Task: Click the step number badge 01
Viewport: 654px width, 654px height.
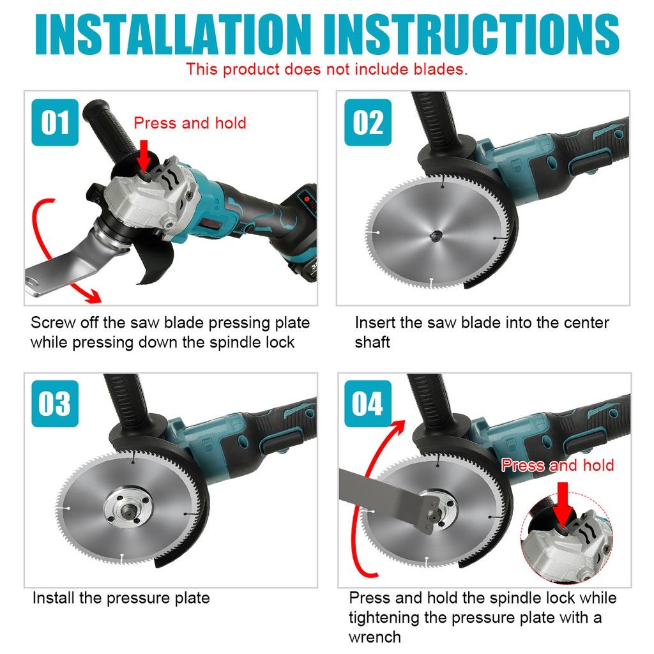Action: click(x=55, y=122)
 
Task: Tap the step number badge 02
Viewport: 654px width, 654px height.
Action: click(x=368, y=122)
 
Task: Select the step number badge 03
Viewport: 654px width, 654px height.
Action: click(x=55, y=404)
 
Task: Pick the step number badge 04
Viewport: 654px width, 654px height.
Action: click(x=368, y=404)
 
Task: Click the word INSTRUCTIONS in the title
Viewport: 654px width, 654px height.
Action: click(x=471, y=34)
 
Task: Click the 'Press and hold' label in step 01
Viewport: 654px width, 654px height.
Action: click(x=190, y=123)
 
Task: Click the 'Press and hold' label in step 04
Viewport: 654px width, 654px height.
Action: click(x=558, y=465)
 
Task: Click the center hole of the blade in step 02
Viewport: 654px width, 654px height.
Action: click(x=436, y=236)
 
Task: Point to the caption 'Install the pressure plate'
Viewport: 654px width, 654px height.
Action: click(x=121, y=598)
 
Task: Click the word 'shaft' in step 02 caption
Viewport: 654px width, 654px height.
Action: click(x=372, y=342)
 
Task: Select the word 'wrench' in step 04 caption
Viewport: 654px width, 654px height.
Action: click(x=374, y=637)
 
